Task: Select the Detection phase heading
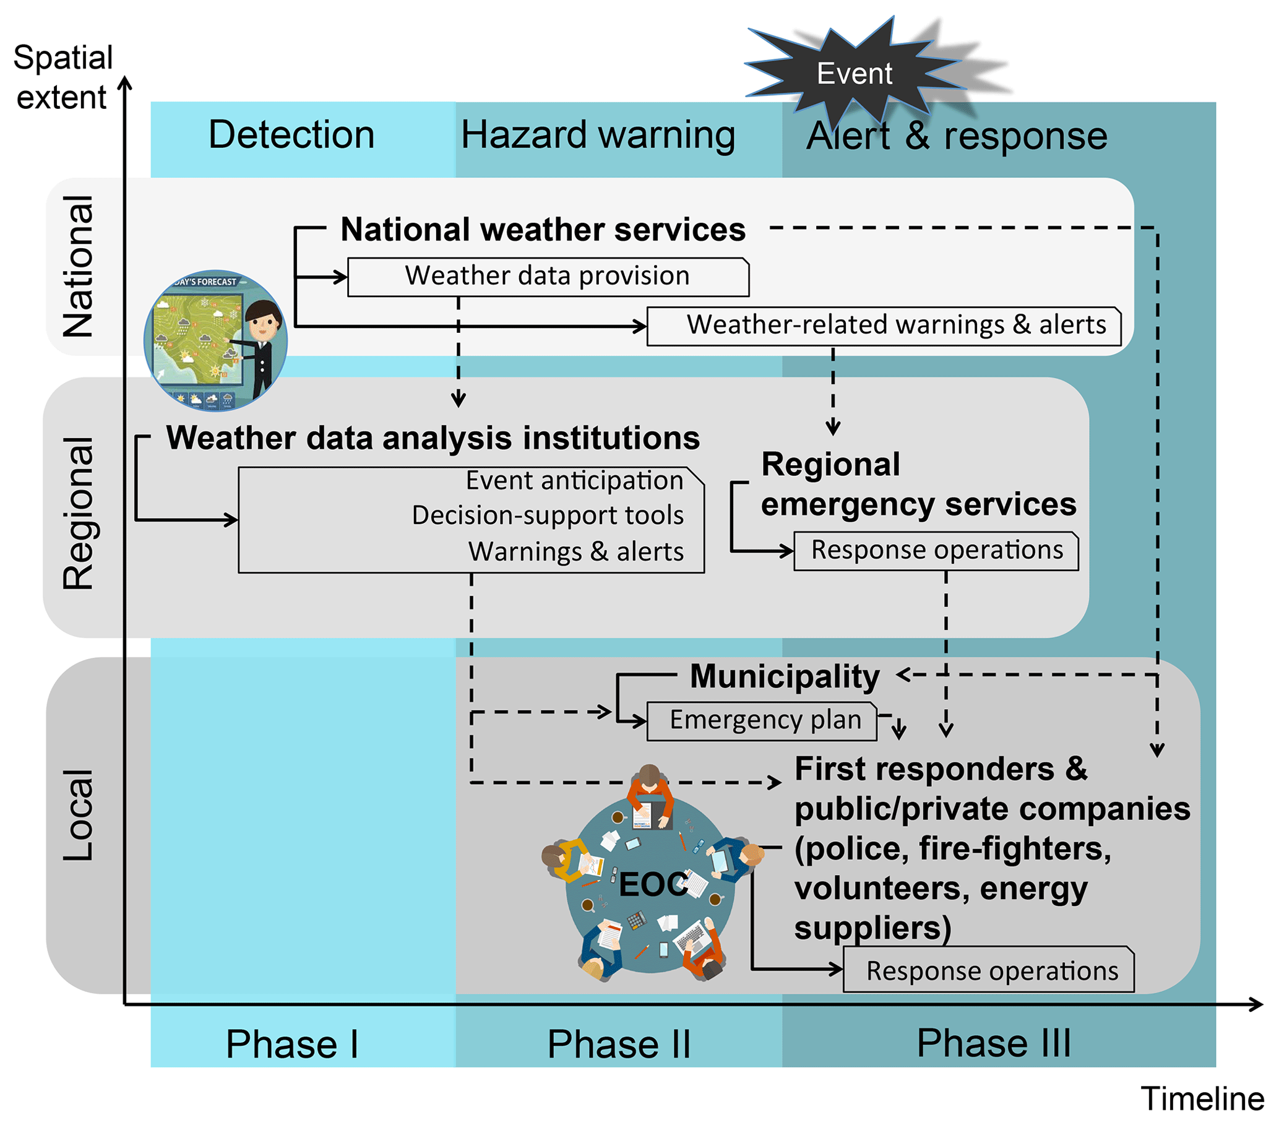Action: click(291, 134)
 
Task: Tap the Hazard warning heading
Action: click(598, 135)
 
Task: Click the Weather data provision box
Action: click(548, 276)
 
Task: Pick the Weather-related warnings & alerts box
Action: click(883, 325)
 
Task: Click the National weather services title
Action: click(543, 229)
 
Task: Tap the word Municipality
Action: click(784, 676)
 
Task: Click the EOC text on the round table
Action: click(653, 884)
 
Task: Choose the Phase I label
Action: click(291, 1044)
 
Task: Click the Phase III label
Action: click(993, 1043)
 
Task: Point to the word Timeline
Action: click(1202, 1099)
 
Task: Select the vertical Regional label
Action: click(78, 513)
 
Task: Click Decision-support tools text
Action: click(548, 515)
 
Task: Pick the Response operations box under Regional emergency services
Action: click(936, 551)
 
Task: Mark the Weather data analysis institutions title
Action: click(433, 437)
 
